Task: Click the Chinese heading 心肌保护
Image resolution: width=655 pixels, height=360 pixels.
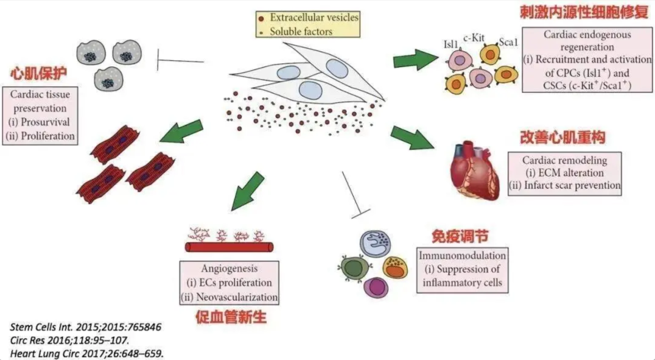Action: [x=38, y=74]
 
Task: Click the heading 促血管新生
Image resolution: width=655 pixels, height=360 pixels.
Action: [x=231, y=317]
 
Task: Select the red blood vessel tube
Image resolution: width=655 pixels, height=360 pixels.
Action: [x=229, y=247]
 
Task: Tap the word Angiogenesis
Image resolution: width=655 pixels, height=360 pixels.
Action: [x=229, y=268]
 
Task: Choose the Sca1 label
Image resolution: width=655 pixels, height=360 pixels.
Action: [x=507, y=41]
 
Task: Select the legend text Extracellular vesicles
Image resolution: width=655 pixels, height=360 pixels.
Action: [x=313, y=17]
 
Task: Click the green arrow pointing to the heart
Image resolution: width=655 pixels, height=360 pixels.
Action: [x=412, y=138]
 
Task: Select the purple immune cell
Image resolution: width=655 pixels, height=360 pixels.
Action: [x=376, y=286]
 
